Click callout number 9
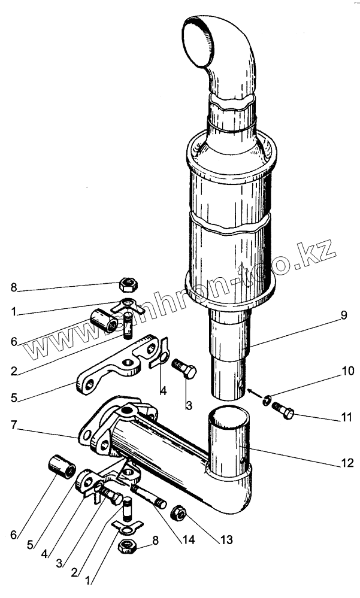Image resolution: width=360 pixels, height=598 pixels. tap(343, 316)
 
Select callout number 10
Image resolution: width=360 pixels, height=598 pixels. tap(347, 371)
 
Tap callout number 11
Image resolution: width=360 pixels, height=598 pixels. tap(347, 417)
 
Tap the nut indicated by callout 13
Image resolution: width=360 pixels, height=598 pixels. tap(179, 512)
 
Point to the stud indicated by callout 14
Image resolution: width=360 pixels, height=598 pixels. tap(149, 495)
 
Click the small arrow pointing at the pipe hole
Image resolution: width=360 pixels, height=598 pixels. tap(255, 394)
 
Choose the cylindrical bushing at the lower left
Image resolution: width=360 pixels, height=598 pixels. tap(61, 466)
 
